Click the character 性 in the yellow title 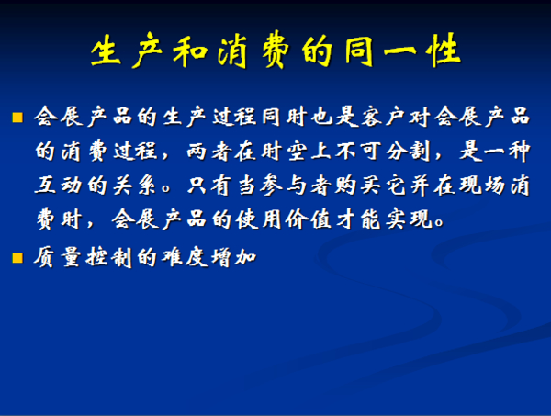444,50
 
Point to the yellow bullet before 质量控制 17,258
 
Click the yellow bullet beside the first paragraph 17,118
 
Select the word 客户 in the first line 382,117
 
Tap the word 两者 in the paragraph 208,152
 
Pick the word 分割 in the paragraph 409,152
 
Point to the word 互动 59,186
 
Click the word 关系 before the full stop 135,186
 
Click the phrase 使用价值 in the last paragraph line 284,219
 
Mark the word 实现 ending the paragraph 409,219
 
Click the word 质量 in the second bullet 57,257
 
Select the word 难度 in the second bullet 185,257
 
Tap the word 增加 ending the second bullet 233,257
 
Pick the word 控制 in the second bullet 109,257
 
